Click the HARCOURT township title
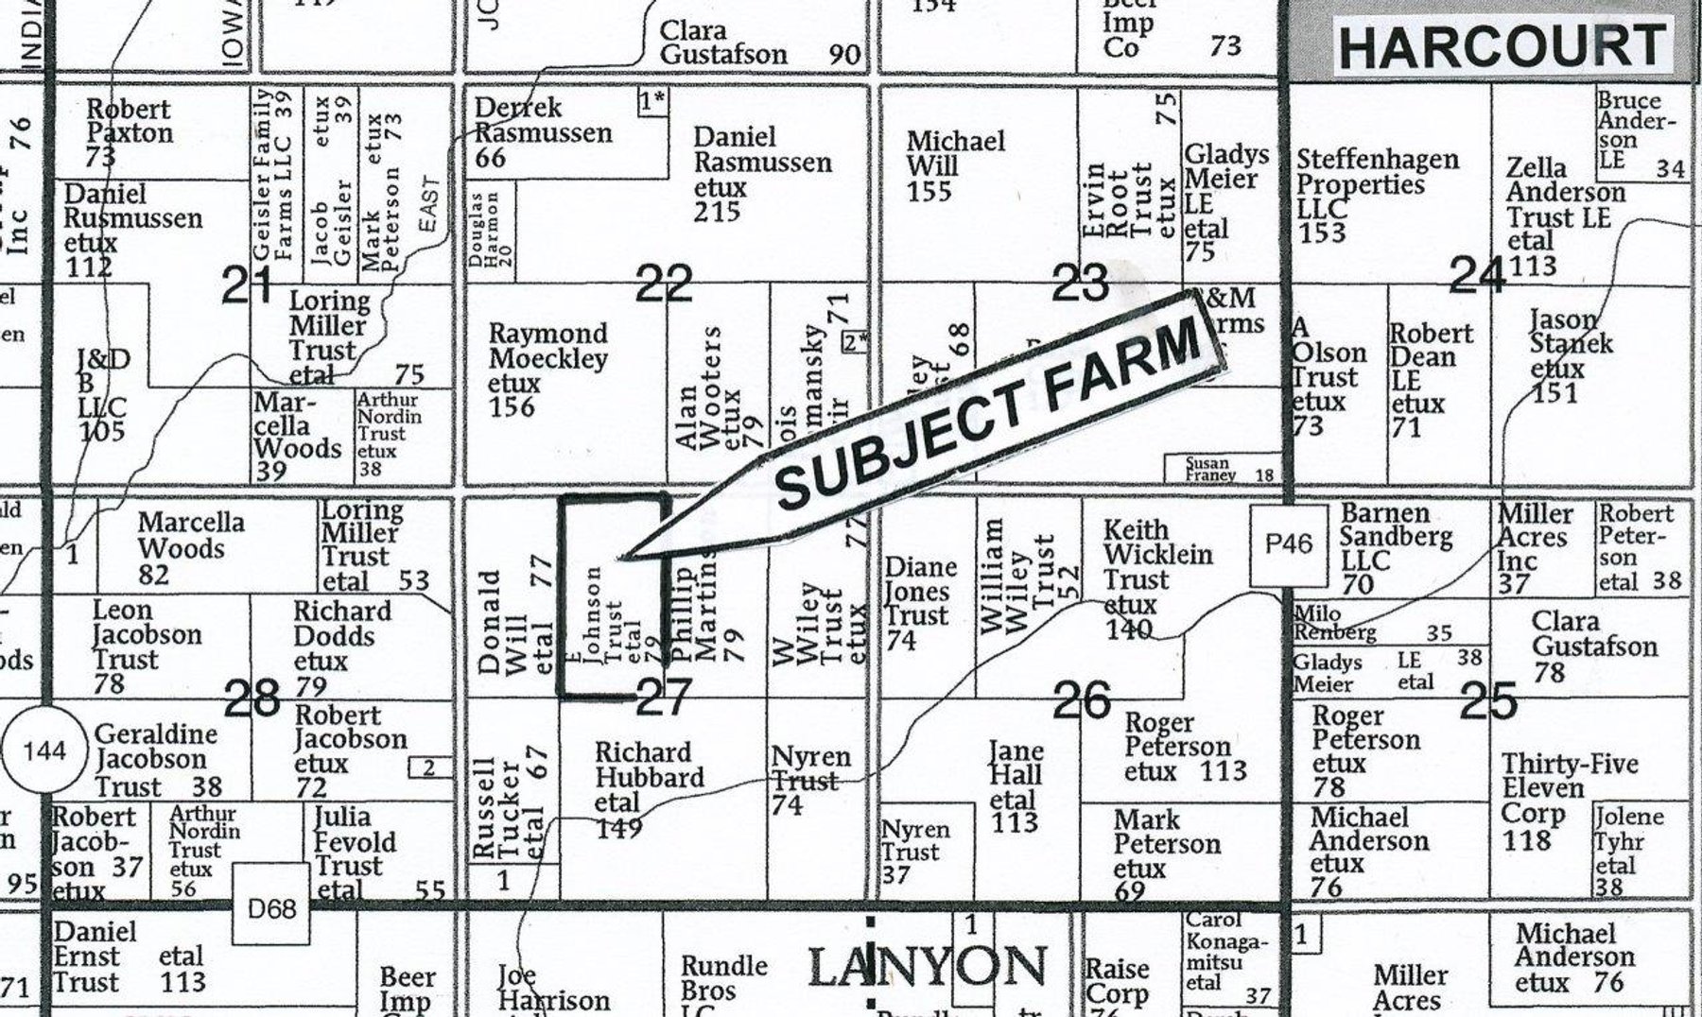coord(1502,46)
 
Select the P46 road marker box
coord(1289,544)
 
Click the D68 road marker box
coord(271,908)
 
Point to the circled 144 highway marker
coord(43,751)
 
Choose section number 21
coord(247,285)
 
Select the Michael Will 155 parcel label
coord(955,166)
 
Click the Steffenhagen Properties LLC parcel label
coord(1376,195)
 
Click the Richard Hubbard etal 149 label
coord(648,789)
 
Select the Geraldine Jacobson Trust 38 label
coord(157,760)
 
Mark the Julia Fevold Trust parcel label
coord(364,852)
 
